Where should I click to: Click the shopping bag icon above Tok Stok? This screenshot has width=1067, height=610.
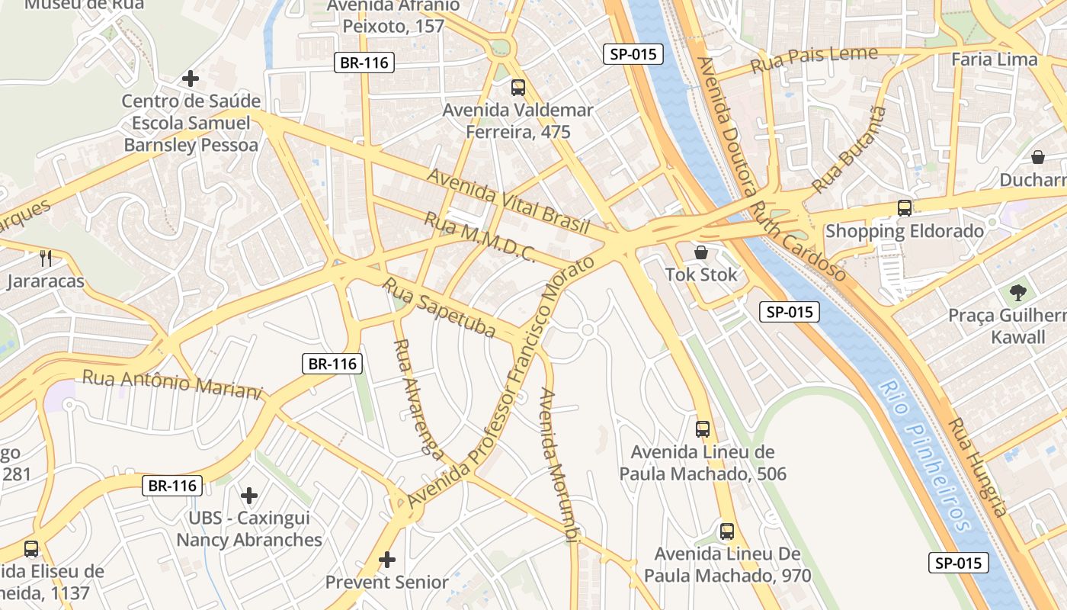coord(701,252)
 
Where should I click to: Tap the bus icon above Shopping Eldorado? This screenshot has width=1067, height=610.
coord(905,207)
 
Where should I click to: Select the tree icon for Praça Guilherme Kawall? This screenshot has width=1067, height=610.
coord(1017,292)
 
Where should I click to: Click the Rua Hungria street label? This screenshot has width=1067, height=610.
coord(979,467)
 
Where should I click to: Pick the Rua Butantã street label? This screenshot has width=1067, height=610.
coord(849,149)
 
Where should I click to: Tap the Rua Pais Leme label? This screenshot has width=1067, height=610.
coord(814,59)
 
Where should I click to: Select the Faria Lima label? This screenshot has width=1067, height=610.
coord(995,59)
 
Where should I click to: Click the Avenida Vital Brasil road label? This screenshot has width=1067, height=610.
coord(508,201)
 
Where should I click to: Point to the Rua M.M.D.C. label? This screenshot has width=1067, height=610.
coord(479,237)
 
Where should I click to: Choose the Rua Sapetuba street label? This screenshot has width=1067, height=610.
coord(438,308)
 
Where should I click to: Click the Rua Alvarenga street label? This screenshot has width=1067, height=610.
coord(418,400)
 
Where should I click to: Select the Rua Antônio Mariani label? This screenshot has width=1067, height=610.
coord(172,384)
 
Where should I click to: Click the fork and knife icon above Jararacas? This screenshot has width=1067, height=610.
coord(46,258)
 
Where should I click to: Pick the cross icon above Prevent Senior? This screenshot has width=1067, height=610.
coord(387,560)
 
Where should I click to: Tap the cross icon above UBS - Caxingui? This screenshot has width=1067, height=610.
coord(249,496)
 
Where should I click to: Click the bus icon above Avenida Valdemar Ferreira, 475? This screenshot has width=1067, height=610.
coord(518,88)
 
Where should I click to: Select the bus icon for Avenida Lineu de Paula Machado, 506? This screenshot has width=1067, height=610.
coord(703,429)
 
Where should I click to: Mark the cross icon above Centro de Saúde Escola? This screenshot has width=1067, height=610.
coord(191,78)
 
